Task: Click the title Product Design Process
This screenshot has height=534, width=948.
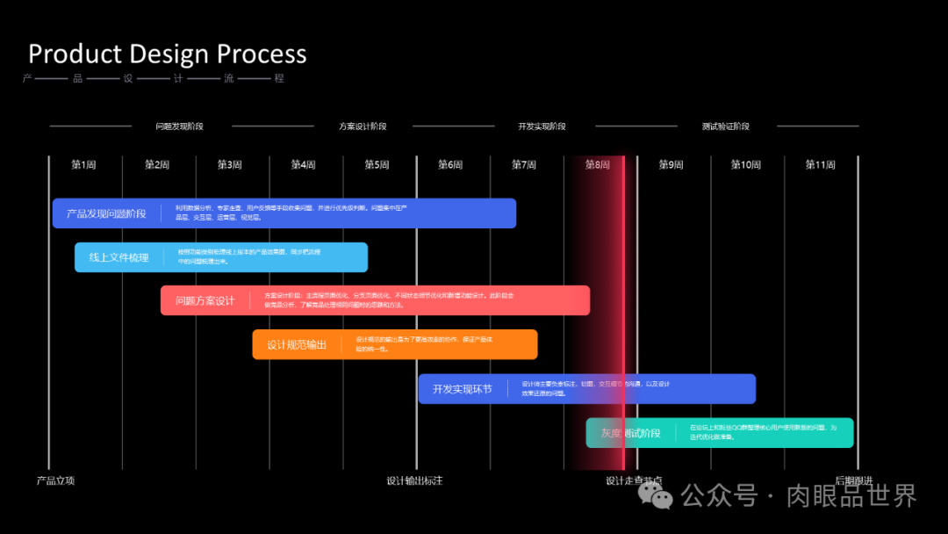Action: pyautogui.click(x=167, y=54)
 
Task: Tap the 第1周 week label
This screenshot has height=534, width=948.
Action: pyautogui.click(x=83, y=165)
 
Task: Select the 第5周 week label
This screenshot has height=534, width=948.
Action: pyautogui.click(x=377, y=165)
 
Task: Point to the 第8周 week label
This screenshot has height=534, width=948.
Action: pyautogui.click(x=598, y=165)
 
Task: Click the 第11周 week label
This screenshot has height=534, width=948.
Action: pyautogui.click(x=821, y=165)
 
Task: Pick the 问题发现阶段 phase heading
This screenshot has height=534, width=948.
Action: pyautogui.click(x=179, y=126)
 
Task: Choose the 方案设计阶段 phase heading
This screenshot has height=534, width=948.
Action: pyautogui.click(x=363, y=126)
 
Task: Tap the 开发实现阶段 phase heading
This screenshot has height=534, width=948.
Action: pyautogui.click(x=542, y=126)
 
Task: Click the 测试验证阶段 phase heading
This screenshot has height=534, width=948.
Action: pyautogui.click(x=725, y=126)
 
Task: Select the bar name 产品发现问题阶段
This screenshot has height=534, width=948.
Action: pyautogui.click(x=106, y=213)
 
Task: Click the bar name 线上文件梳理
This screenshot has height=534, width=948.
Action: pyautogui.click(x=118, y=257)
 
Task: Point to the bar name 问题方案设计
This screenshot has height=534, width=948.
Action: pyautogui.click(x=205, y=300)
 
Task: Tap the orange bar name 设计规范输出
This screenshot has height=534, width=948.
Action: pyautogui.click(x=297, y=344)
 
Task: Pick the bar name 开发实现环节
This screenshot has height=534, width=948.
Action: pyautogui.click(x=463, y=388)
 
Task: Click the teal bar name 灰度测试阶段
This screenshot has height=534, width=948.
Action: pyautogui.click(x=630, y=433)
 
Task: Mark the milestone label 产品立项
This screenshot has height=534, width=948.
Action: pyautogui.click(x=55, y=480)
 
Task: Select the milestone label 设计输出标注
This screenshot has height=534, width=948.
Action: pyautogui.click(x=414, y=480)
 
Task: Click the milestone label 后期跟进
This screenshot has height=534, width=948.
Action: pyautogui.click(x=853, y=480)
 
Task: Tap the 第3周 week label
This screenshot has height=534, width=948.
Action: pyautogui.click(x=230, y=165)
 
